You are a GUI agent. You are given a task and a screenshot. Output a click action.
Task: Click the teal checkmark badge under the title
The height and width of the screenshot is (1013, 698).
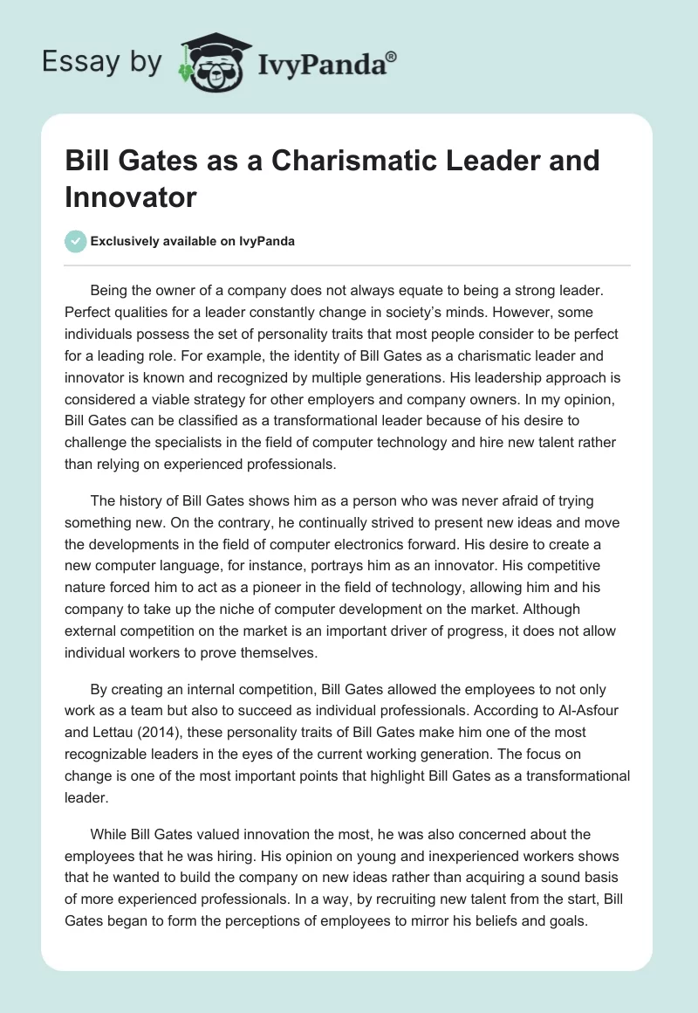tap(76, 242)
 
